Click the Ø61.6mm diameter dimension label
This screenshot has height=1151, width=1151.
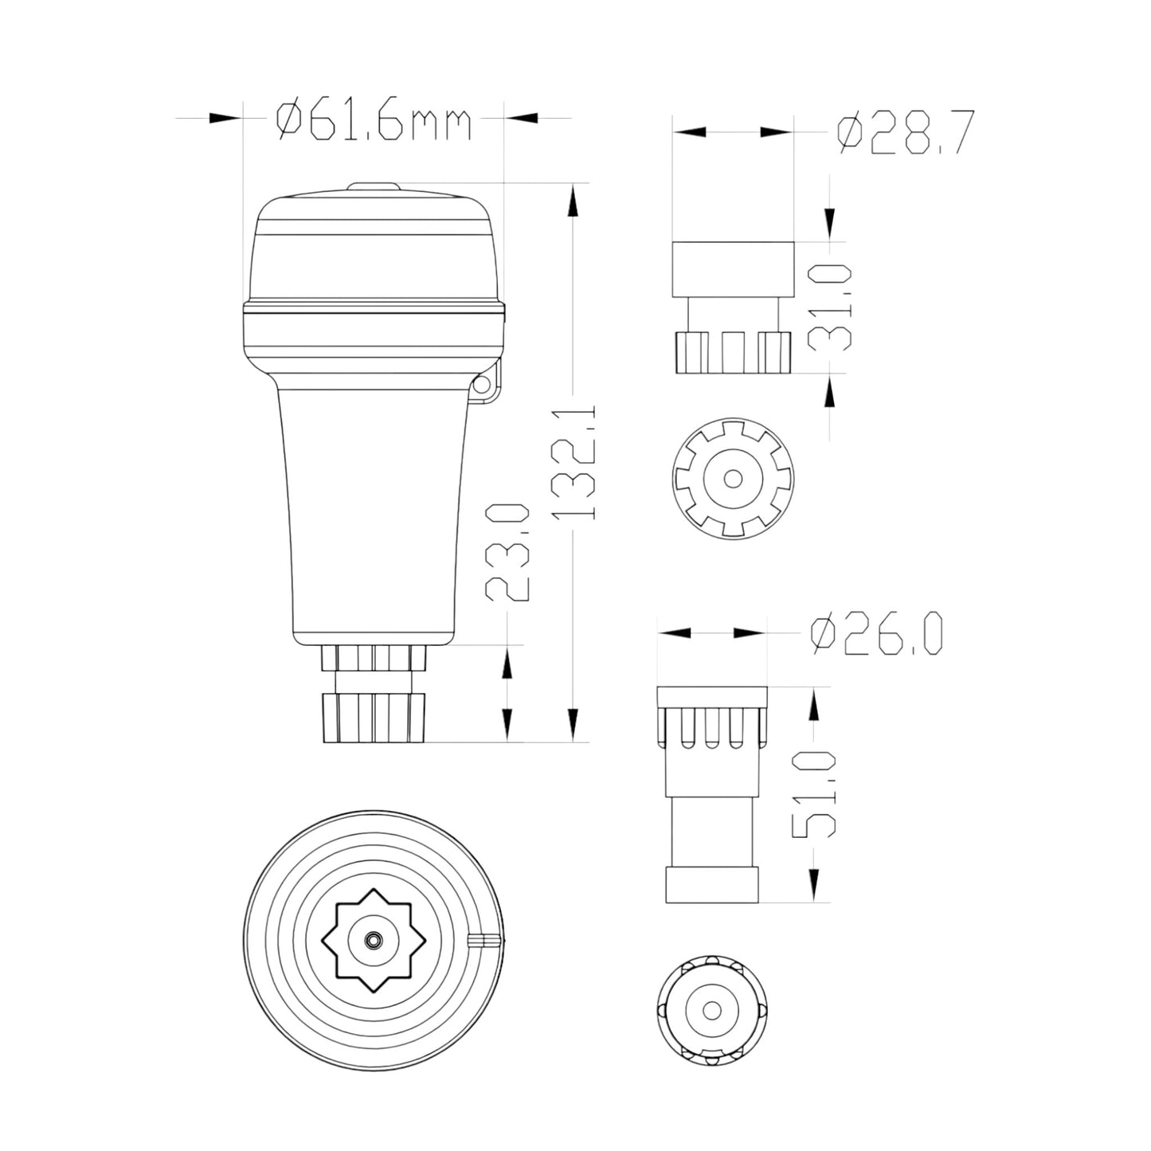(374, 121)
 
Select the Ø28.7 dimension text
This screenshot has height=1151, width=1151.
(906, 132)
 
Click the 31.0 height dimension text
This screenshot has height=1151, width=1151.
(830, 307)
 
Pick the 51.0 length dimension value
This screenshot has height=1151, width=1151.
(813, 794)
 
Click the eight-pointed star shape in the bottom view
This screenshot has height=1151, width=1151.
(374, 941)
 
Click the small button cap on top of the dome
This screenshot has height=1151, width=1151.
(374, 187)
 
